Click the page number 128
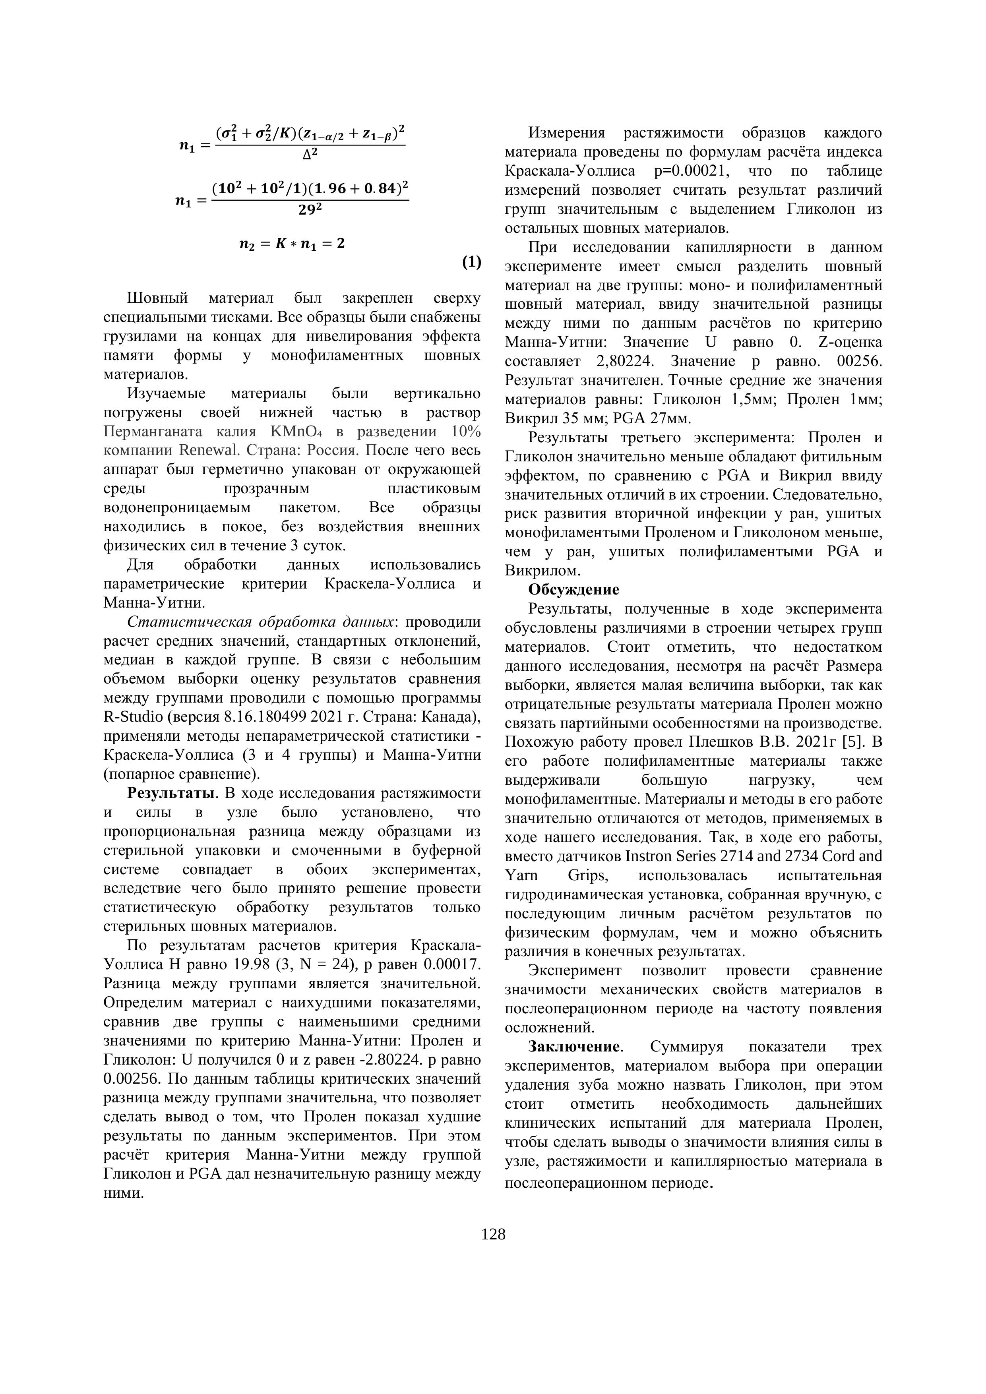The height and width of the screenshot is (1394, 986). pyautogui.click(x=493, y=1234)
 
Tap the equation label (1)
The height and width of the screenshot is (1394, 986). pyautogui.click(x=471, y=262)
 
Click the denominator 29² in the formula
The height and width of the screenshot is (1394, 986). pyautogui.click(x=310, y=209)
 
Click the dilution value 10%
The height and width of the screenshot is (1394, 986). pyautogui.click(x=466, y=432)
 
